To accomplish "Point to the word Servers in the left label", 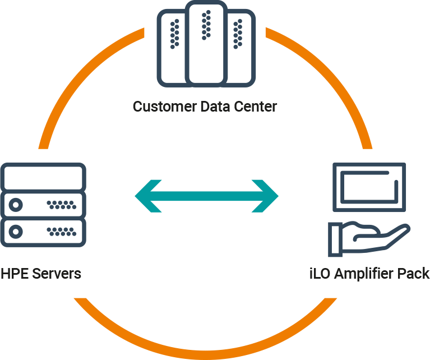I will coord(56,274).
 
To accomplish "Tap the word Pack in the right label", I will coord(415,274).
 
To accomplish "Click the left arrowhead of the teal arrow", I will coord(147,196).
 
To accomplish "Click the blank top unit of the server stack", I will coord(44,176).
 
